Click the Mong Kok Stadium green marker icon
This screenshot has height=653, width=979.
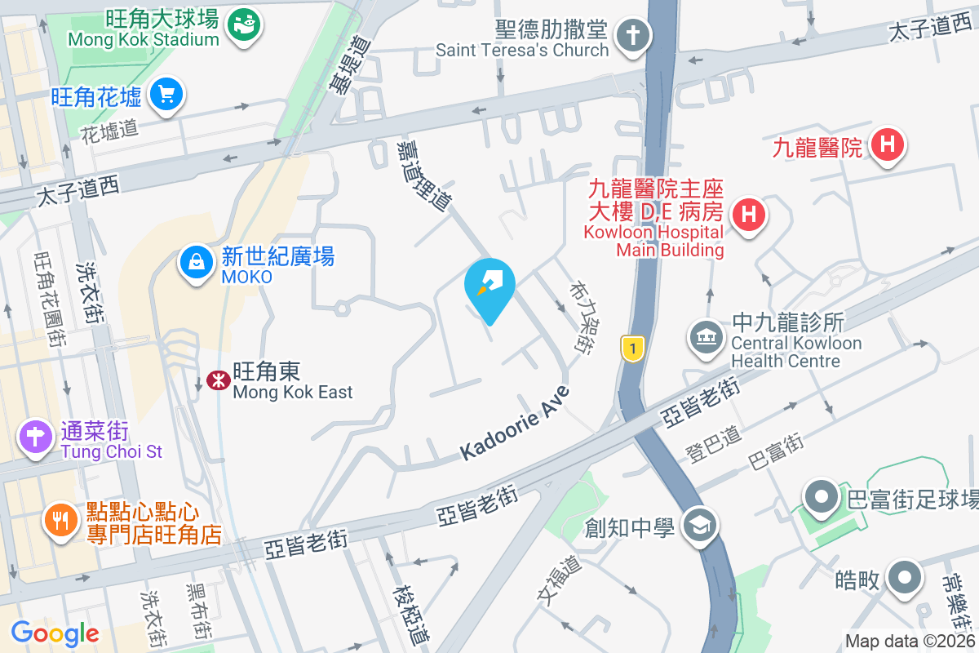pos(242,25)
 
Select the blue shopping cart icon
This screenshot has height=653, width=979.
pos(166,96)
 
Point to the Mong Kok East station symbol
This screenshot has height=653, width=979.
pos(218,380)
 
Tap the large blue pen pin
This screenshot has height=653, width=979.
pos(489,286)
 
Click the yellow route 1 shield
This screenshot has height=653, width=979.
pos(632,349)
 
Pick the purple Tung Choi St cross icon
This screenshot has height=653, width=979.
pos(37,437)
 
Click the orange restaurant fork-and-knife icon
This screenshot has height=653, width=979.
pos(61,518)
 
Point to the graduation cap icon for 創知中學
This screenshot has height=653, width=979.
pos(700,525)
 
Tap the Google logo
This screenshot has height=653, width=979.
pos(55,633)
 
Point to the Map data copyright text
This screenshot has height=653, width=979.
pos(910,642)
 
